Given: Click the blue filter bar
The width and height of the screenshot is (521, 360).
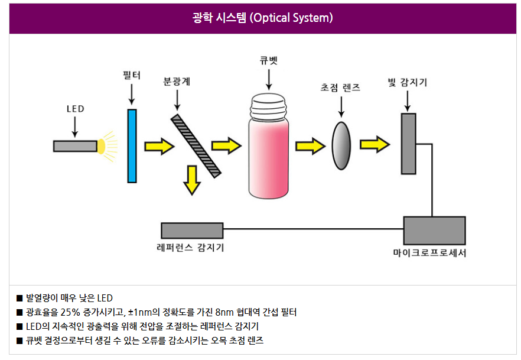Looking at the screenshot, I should pos(132,145).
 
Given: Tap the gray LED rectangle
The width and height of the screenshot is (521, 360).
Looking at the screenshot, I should pos(75,146).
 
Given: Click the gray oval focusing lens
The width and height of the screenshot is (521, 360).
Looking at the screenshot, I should pos(341,145).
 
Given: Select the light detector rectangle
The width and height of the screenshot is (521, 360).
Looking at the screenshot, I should pos(408,144).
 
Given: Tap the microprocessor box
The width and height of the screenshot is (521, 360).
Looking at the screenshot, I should pos(434,231).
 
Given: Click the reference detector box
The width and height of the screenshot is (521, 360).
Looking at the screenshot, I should pos(192,231).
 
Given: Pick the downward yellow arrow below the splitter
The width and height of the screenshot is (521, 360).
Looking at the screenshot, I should pos(191,180).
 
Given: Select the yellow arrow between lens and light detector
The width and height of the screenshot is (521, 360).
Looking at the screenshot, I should pos(375,144).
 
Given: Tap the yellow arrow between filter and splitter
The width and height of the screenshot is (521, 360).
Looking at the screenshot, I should pos(160,145).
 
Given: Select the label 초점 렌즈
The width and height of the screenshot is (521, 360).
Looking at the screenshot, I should pos(340,87).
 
